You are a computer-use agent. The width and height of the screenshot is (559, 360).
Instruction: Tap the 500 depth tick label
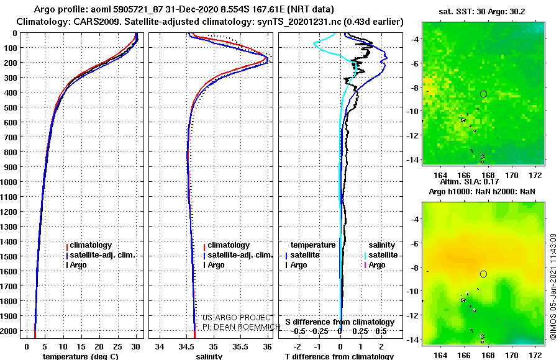click(x=11, y=107)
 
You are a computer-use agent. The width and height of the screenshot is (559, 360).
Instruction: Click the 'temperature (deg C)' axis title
click(x=81, y=356)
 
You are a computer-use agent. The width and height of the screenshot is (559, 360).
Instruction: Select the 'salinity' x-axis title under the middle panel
click(x=209, y=356)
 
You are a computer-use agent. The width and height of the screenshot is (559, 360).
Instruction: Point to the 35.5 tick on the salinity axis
click(x=240, y=347)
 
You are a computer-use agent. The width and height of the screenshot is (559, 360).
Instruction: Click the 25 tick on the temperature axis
click(x=117, y=347)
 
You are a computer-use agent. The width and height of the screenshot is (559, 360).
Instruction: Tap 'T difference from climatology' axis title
click(x=339, y=356)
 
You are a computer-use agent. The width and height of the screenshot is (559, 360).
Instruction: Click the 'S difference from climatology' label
click(x=340, y=322)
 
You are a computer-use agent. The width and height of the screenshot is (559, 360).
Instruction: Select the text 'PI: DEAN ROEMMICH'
click(x=242, y=326)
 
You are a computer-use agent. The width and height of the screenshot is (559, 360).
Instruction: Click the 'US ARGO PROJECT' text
click(x=237, y=317)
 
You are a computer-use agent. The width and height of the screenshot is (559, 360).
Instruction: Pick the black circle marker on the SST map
click(x=483, y=94)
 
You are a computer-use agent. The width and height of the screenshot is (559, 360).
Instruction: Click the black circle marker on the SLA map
click(x=483, y=274)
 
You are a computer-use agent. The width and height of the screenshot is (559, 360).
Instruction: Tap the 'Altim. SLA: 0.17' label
click(x=470, y=182)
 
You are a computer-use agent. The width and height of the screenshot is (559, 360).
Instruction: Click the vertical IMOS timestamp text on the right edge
click(x=553, y=287)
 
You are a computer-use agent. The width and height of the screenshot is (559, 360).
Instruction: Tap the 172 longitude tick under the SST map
click(x=535, y=175)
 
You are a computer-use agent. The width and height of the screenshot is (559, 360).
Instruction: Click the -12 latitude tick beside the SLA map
click(x=413, y=315)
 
